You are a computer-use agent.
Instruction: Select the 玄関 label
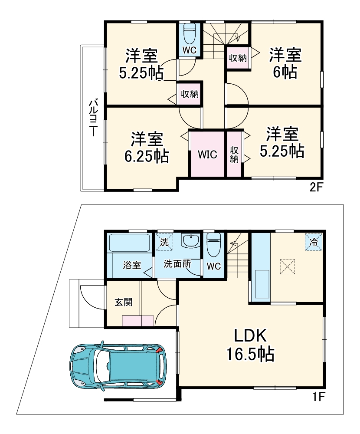[123, 302]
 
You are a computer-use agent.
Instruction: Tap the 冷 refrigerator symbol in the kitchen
[313, 242]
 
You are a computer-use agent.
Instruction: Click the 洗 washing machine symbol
[164, 242]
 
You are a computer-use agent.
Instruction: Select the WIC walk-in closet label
[207, 155]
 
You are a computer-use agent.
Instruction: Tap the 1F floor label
[318, 396]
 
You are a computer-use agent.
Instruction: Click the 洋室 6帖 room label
[285, 63]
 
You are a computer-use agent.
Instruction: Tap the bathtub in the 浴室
[130, 243]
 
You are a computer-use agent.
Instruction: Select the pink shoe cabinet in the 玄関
[137, 321]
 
